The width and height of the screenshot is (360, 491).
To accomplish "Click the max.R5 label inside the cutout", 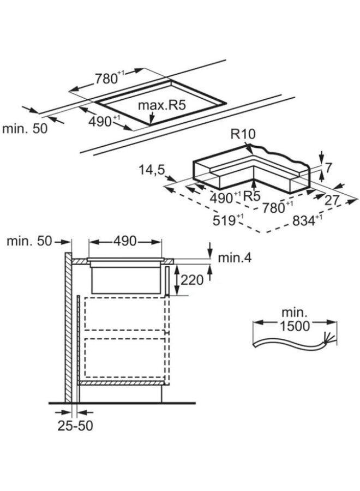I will point(161,104).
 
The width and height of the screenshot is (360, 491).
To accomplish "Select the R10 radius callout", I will point(242,133).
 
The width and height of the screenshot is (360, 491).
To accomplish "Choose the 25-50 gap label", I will point(75,426).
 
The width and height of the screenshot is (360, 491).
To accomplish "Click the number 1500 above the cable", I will point(295,326).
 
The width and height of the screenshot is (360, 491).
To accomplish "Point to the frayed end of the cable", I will point(328,338).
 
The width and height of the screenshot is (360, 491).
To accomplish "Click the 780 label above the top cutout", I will point(108,79).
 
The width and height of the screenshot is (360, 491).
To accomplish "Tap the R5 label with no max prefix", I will point(251,196).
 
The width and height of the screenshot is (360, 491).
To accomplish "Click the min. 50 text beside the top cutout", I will point(25,129).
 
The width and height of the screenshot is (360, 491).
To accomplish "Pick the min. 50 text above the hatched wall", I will point(28,241).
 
